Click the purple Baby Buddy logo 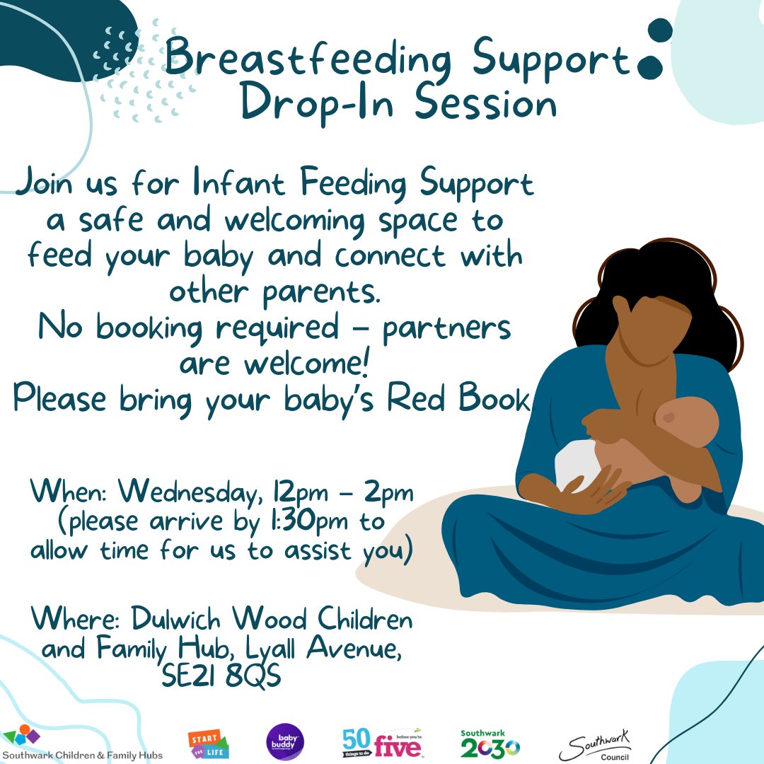click(285, 742)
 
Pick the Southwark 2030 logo click(489, 743)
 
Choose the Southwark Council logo click(595, 745)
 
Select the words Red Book click(458, 400)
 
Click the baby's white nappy click(577, 463)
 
